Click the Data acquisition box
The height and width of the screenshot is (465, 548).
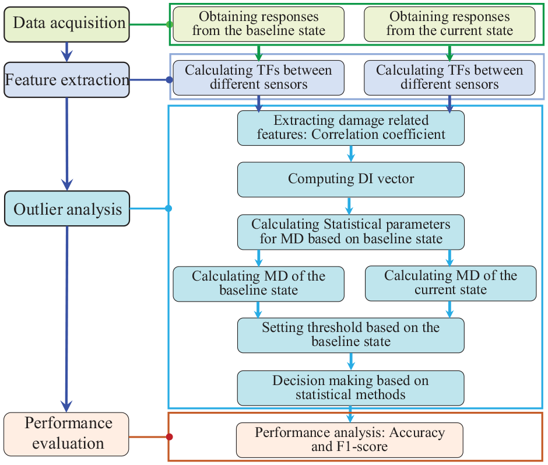tap(67, 25)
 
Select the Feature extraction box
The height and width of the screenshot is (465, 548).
tap(67, 80)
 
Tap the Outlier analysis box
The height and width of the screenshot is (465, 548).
tap(67, 208)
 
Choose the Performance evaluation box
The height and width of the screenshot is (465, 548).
tap(66, 434)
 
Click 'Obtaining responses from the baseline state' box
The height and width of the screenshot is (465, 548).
tap(259, 25)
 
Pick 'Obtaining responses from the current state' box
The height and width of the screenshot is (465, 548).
tap(449, 25)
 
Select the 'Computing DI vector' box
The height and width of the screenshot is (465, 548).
tap(351, 180)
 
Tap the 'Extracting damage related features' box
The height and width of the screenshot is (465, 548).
tap(351, 128)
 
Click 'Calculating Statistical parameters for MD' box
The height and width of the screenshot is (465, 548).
tap(351, 232)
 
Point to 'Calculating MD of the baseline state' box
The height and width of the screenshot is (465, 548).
tap(259, 284)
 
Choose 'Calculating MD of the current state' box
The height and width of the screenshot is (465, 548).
tap(451, 284)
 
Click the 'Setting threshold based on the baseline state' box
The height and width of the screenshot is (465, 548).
tap(351, 335)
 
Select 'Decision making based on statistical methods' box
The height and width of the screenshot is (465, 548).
tap(351, 388)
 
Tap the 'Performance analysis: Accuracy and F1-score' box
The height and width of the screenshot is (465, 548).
tap(349, 440)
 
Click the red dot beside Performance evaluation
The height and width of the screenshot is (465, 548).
tap(170, 436)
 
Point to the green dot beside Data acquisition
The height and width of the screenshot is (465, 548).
tap(170, 25)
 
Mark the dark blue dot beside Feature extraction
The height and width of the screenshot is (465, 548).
tap(170, 80)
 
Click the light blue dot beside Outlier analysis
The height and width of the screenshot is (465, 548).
tap(168, 208)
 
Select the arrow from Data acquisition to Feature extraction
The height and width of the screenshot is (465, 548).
tap(67, 52)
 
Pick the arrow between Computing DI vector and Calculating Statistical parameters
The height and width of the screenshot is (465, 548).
tap(349, 206)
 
